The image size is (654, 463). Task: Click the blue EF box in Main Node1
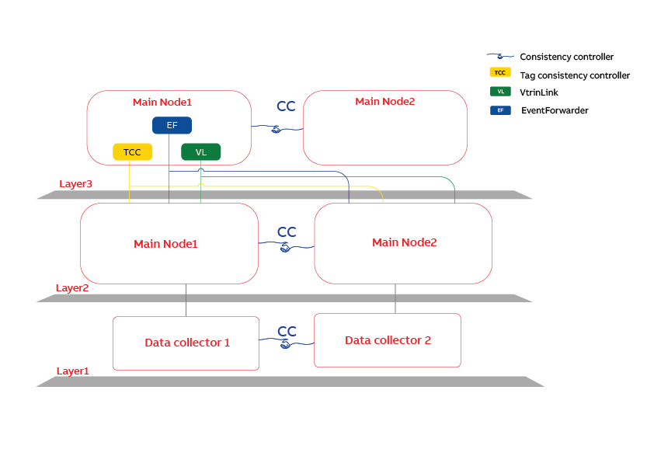click(172, 125)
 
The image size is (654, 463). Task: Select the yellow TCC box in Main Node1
click(132, 152)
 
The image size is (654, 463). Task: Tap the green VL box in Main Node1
click(200, 152)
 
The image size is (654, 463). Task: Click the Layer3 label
click(75, 184)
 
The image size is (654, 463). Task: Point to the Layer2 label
click(72, 287)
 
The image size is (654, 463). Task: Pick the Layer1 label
click(72, 371)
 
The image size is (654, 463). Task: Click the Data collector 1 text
click(186, 343)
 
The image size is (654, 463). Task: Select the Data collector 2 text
click(388, 340)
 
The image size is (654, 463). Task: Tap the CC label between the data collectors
click(287, 332)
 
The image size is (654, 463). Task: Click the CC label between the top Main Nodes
click(286, 106)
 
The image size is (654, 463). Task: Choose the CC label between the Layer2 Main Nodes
click(287, 231)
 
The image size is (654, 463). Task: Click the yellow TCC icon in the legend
click(500, 73)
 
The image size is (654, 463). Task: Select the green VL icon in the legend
click(500, 92)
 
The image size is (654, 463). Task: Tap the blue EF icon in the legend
click(500, 110)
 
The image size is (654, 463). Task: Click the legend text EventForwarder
click(555, 110)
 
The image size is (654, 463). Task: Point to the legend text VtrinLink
click(539, 92)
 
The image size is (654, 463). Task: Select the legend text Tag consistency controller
click(574, 75)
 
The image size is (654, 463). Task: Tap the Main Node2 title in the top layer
click(384, 102)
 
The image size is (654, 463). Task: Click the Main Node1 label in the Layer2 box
click(165, 244)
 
